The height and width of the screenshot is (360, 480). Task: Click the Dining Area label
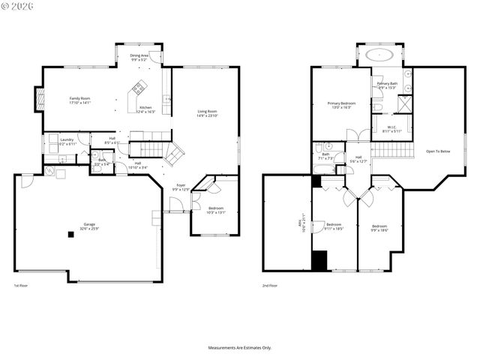point(139,55)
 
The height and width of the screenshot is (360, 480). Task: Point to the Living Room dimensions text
point(206,115)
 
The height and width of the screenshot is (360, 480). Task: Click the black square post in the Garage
point(70,234)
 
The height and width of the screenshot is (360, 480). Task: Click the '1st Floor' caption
point(22,286)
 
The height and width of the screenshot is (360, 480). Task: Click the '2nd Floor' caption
point(270,286)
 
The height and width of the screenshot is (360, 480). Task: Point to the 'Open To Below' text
point(438,151)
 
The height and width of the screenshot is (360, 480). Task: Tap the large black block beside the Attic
point(319,259)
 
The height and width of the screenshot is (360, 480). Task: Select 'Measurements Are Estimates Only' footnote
point(240,347)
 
